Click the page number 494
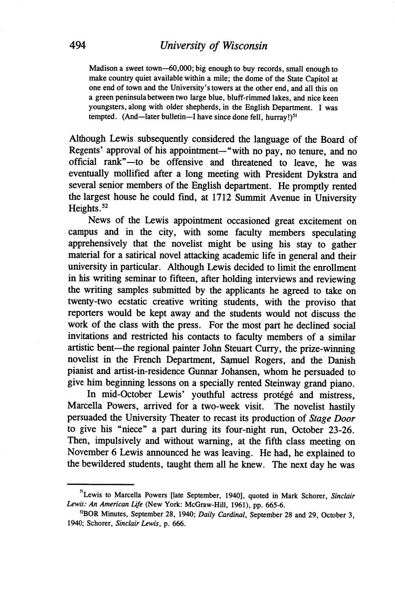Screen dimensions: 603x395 [77, 45]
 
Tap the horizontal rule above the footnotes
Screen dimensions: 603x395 [101, 485]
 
